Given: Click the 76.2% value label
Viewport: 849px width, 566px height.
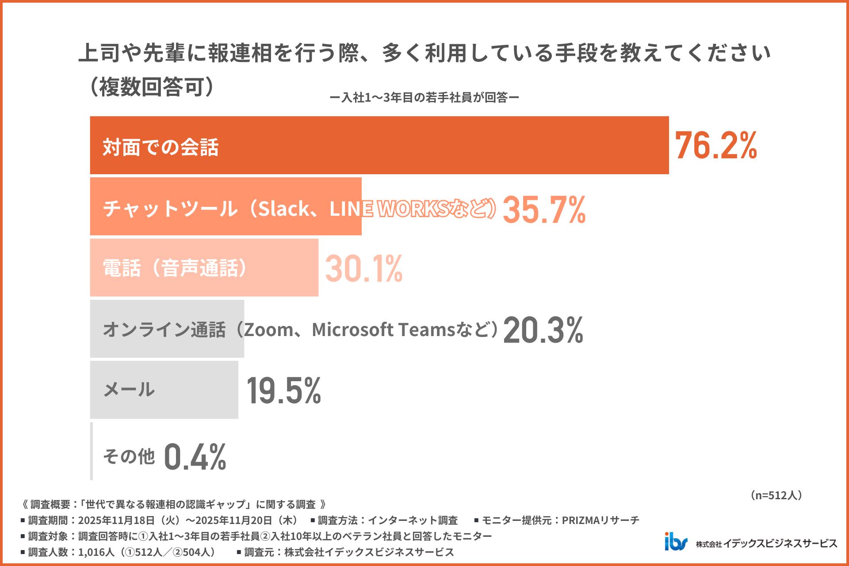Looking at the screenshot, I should coord(715,145).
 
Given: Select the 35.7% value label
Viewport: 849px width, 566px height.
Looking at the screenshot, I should coord(544,210).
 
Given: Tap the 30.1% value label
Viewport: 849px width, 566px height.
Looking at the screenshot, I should coord(363,268).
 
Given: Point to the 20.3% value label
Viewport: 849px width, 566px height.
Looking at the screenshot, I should coord(543,330).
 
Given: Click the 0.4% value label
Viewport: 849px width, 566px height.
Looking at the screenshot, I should coord(195,457).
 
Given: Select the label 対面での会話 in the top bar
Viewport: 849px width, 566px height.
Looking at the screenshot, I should coord(161,147).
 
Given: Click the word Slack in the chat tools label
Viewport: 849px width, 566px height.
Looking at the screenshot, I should coord(283,209).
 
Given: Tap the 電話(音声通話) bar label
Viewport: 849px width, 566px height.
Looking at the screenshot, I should coord(175,268).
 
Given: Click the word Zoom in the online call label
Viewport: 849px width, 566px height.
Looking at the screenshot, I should coord(268,330).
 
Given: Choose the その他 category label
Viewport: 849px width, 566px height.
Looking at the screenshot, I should coord(129,456).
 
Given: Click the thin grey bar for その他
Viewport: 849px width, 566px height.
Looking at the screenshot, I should coord(92,451).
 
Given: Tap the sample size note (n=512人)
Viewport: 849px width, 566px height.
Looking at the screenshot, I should coord(776,495).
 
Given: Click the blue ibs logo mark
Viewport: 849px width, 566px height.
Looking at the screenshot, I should coord(676,542).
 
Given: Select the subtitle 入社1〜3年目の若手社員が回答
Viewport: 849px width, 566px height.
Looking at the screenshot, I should coord(424,98).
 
